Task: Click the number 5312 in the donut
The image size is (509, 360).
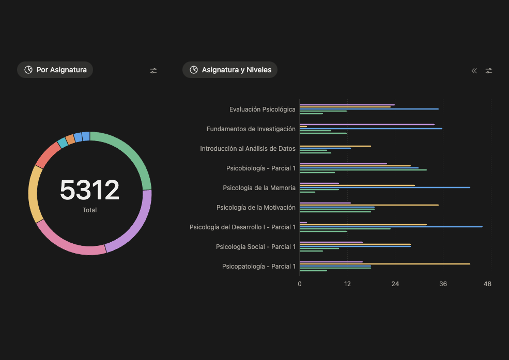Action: tap(89, 190)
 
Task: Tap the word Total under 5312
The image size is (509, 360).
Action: tap(89, 210)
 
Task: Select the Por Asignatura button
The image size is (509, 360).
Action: tap(55, 70)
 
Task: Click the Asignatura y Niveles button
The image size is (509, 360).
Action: tap(230, 70)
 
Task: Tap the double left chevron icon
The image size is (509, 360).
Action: tap(474, 71)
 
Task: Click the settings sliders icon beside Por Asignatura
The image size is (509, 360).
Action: tap(153, 71)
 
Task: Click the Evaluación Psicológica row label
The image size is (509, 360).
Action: tap(263, 109)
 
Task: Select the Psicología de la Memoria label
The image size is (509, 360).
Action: tap(259, 188)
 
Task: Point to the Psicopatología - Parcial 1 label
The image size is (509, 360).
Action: tap(259, 267)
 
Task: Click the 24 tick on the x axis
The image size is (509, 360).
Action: tap(395, 284)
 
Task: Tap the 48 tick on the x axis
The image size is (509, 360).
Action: tap(487, 284)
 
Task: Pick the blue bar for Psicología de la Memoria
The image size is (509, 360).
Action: tap(385, 187)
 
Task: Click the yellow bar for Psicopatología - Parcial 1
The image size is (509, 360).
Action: tap(385, 264)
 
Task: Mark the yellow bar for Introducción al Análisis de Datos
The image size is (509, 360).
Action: tap(335, 146)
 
